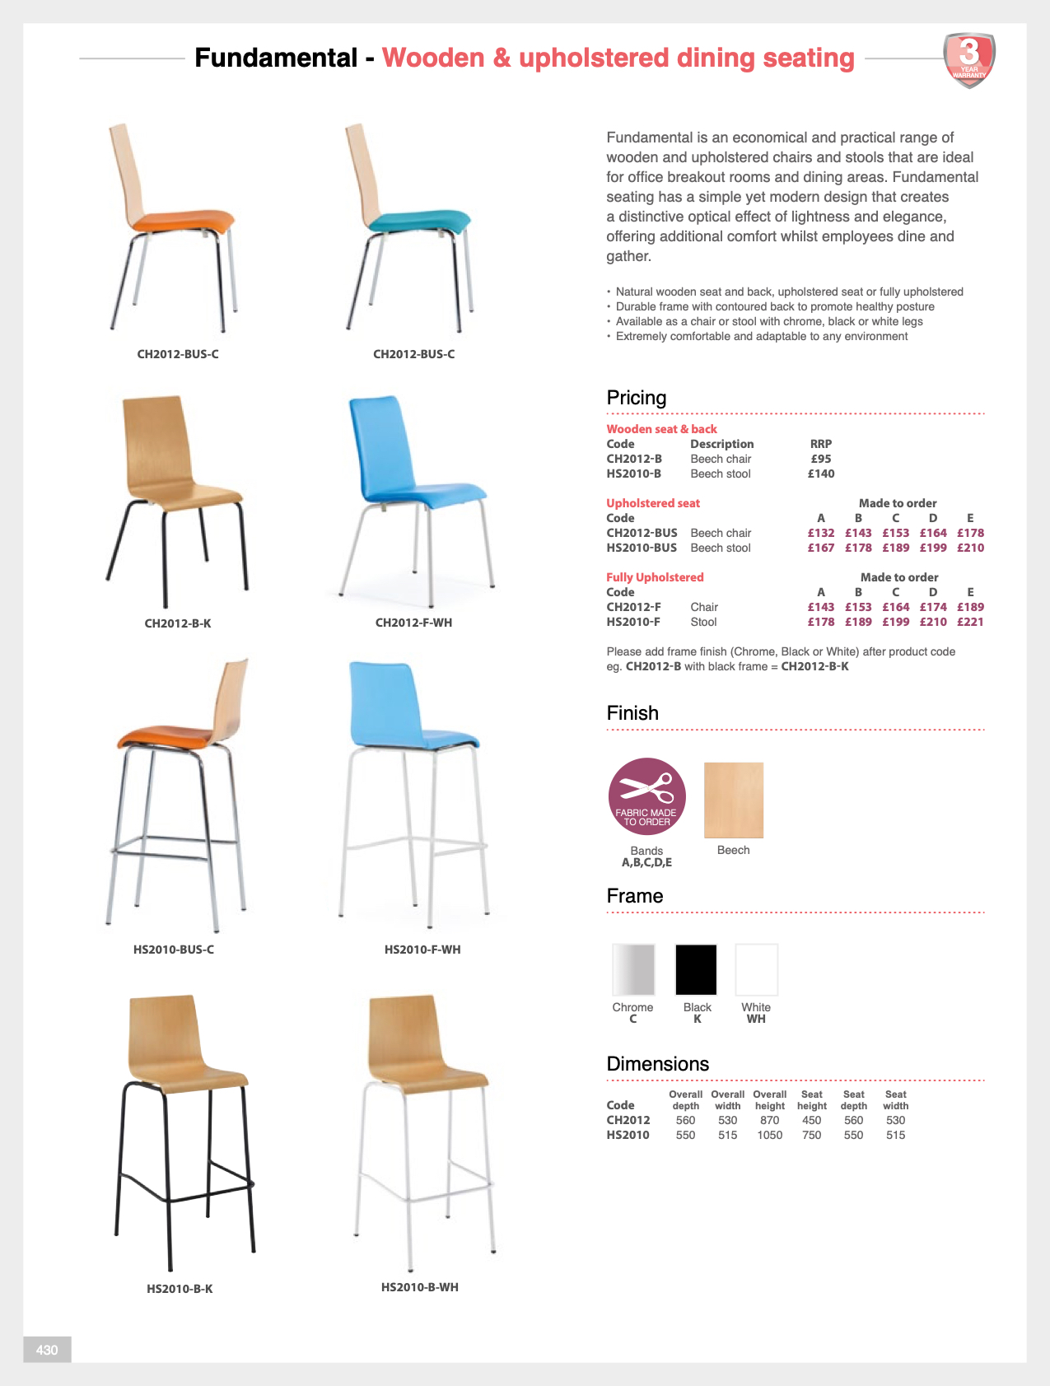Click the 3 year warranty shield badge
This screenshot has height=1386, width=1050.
pyautogui.click(x=969, y=59)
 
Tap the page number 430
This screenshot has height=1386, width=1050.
pyautogui.click(x=47, y=1349)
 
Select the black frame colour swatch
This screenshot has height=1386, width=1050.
pyautogui.click(x=696, y=969)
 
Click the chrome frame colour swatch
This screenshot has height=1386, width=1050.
pyautogui.click(x=633, y=969)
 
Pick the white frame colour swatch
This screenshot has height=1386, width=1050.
pyautogui.click(x=756, y=969)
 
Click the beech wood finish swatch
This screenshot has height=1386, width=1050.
pyautogui.click(x=733, y=800)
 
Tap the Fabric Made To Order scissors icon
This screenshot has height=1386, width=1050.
pyautogui.click(x=646, y=796)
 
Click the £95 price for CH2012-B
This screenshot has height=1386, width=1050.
pyautogui.click(x=820, y=459)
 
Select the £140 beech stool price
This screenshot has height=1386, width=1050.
pyautogui.click(x=820, y=474)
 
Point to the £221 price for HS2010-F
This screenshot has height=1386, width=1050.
pyautogui.click(x=970, y=622)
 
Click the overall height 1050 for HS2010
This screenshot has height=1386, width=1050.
pyautogui.click(x=769, y=1135)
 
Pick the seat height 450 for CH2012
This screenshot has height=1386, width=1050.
pyautogui.click(x=811, y=1120)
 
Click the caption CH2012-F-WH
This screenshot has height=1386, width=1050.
pyautogui.click(x=413, y=623)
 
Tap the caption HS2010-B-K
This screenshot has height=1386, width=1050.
pyautogui.click(x=180, y=1289)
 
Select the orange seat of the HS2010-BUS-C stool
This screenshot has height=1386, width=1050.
pyautogui.click(x=169, y=734)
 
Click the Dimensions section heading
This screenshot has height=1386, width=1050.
pyautogui.click(x=657, y=1064)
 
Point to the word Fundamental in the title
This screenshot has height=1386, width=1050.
pyautogui.click(x=276, y=58)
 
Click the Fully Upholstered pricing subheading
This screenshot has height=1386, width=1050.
pyautogui.click(x=655, y=577)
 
